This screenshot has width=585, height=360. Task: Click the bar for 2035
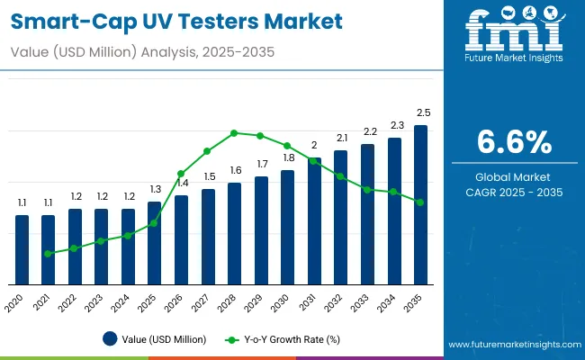coord(420,204)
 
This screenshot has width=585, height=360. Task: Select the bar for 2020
coord(22,249)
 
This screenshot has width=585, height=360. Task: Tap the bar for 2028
coord(234,233)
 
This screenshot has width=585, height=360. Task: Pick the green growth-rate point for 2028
coord(234,133)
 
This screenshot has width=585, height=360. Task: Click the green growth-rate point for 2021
coord(49,254)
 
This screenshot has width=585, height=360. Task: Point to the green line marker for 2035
coord(420,202)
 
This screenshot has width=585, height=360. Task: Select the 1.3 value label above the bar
coord(155,189)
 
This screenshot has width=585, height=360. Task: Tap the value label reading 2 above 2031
coord(314,145)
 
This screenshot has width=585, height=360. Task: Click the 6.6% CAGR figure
coord(514,141)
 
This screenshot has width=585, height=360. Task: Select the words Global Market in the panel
coord(514,176)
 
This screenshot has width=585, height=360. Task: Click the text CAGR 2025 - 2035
coord(514,193)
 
